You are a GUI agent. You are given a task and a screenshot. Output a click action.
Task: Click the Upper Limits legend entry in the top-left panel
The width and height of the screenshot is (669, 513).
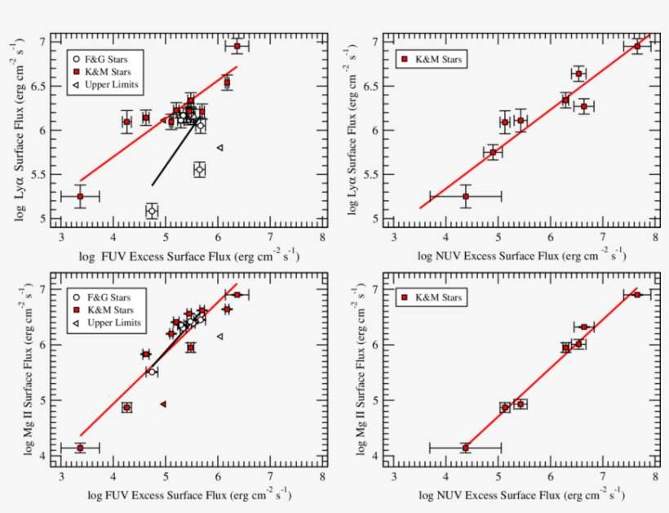coord(106,85)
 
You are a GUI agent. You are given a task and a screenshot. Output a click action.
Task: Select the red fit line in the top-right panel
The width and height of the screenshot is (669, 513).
coord(530,123)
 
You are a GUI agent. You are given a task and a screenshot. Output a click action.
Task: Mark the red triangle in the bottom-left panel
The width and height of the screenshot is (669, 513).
coord(163,404)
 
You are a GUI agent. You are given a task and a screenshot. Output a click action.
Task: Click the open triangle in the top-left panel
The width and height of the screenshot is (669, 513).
coord(219,148)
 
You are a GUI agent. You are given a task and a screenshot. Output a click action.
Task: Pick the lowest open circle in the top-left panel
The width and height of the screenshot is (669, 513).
coord(152,212)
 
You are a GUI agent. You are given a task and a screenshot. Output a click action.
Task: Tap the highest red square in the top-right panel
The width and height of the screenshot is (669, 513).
coord(637,46)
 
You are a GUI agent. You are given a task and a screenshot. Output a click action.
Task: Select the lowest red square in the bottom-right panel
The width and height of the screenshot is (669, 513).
coord(465,448)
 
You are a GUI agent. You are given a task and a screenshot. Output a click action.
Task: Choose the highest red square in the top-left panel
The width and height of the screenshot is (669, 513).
coord(237,46)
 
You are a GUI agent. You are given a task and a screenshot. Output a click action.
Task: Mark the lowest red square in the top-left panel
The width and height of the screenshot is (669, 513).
coord(80,196)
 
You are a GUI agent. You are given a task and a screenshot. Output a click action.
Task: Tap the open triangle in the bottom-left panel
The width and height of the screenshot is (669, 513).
coord(219,337)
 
